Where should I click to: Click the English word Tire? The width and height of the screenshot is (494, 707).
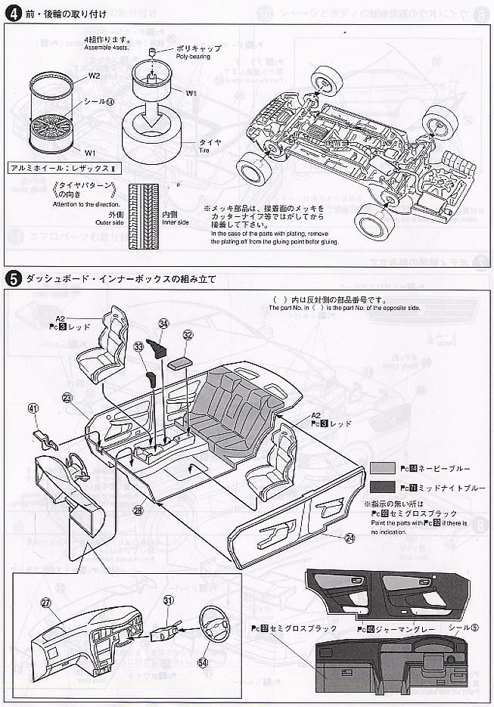(x=209, y=150)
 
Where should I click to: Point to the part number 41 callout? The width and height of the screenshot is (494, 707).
(x=33, y=408)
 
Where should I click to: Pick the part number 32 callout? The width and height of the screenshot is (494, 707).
(x=188, y=335)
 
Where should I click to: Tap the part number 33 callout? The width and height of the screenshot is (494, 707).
(x=138, y=347)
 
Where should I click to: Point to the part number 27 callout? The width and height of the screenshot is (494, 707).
(x=46, y=603)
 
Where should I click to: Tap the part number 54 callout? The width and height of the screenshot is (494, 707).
(x=202, y=662)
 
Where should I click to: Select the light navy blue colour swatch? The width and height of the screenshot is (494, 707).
(x=383, y=469)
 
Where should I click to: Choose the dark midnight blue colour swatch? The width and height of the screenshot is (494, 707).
(x=383, y=488)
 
